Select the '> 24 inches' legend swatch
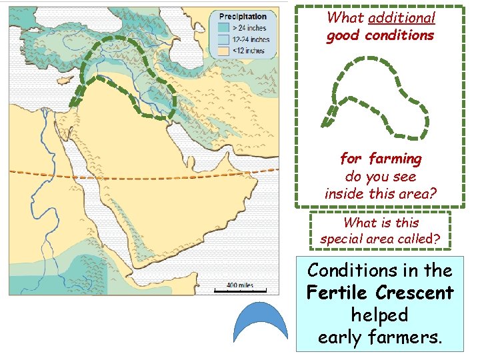[222, 27]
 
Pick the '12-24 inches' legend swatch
[222, 39]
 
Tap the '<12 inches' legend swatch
[222, 50]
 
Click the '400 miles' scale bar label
[240, 285]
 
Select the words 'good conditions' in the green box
[380, 35]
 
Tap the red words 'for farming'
[381, 159]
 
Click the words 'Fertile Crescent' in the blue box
[380, 293]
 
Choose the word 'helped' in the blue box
[380, 315]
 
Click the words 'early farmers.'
[380, 337]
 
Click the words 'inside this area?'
[380, 193]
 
